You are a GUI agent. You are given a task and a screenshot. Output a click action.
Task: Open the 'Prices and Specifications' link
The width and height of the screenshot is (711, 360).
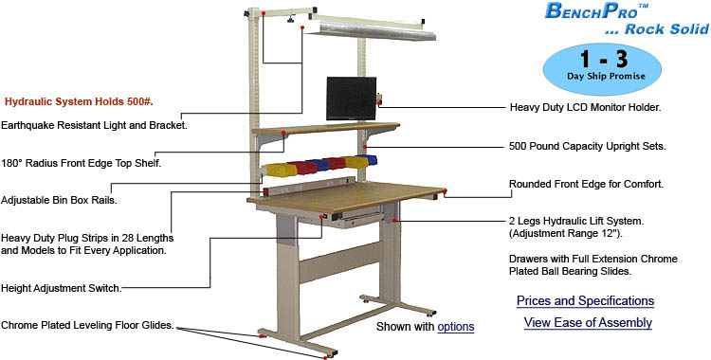point(585,301)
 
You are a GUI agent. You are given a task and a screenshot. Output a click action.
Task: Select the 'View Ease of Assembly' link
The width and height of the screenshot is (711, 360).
point(588,323)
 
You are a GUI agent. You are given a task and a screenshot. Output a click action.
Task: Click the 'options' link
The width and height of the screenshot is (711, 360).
point(455,327)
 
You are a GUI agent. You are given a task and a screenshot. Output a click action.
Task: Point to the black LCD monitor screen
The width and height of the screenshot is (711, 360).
point(351,99)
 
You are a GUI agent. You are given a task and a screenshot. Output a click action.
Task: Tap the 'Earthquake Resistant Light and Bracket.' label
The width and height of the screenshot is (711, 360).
point(94,125)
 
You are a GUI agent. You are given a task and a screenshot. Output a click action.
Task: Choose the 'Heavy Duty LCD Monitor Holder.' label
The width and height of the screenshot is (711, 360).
point(585,108)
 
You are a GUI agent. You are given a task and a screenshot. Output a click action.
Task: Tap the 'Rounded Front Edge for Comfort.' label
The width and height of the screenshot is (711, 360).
point(585,184)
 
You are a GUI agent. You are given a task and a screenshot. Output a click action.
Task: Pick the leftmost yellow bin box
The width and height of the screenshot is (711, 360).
point(279,171)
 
